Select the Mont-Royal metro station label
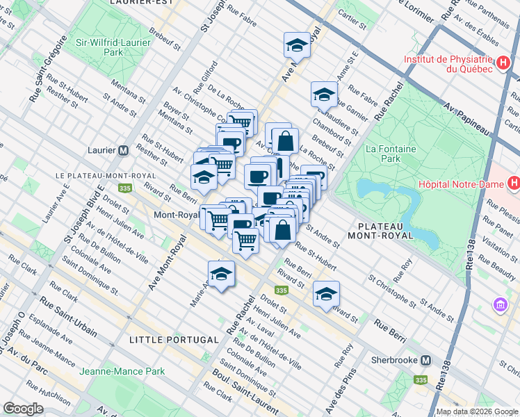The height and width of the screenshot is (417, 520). (177, 215)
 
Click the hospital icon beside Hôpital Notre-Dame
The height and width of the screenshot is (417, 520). (513, 184)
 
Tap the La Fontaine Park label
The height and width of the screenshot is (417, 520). (383, 154)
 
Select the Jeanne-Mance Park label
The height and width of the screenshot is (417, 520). (122, 371)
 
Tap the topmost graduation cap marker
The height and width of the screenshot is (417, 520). (297, 45)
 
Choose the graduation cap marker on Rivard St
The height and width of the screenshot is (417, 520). (326, 294)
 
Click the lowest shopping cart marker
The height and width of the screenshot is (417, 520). (246, 240)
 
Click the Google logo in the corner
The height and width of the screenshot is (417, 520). (23, 409)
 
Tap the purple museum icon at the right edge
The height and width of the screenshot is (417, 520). (499, 304)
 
